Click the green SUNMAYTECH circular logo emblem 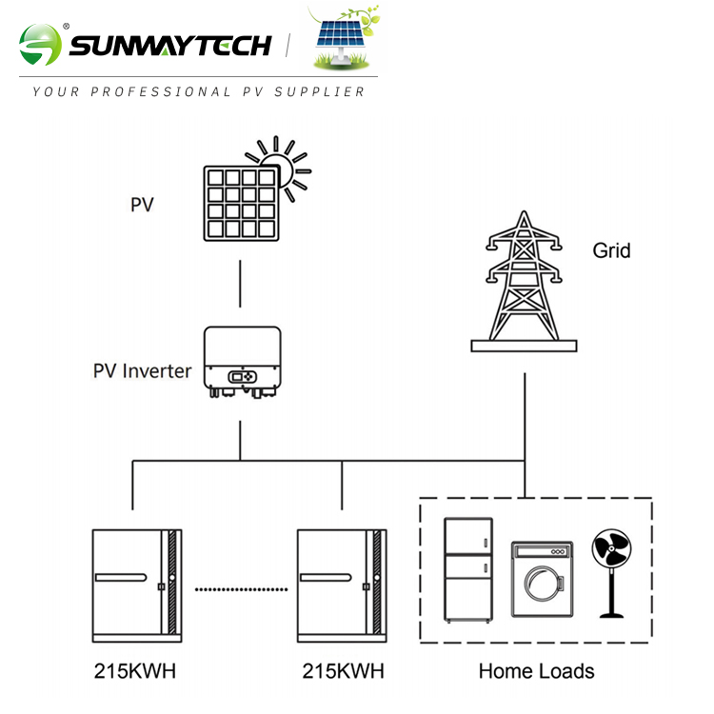[x=40, y=45]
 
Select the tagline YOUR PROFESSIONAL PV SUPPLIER [x=198, y=92]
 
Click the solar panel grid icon [x=241, y=203]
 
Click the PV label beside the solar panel [x=142, y=204]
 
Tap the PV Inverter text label [x=142, y=371]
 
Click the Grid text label [x=611, y=251]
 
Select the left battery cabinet [x=134, y=584]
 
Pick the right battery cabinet [x=341, y=584]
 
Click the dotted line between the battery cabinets [x=242, y=589]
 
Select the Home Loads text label [x=536, y=671]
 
